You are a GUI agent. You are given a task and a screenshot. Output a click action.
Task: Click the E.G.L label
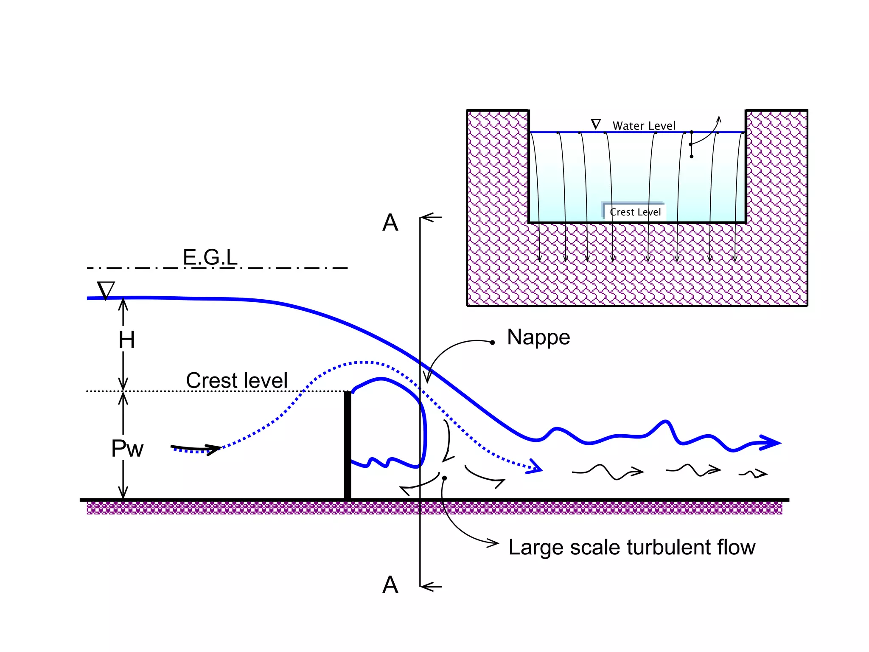[x=210, y=257]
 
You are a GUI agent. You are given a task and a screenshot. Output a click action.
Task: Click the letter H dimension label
[x=127, y=340]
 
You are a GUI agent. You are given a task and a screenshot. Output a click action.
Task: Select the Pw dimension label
[x=127, y=449]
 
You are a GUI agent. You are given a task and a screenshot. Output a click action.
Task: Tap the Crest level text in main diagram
[x=237, y=380]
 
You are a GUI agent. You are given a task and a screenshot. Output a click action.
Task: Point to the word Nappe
[x=538, y=337]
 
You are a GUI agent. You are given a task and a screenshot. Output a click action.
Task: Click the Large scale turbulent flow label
[x=631, y=547]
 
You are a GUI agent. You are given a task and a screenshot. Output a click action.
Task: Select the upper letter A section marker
[x=390, y=222]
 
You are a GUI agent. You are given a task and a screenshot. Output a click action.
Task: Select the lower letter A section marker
[x=390, y=585]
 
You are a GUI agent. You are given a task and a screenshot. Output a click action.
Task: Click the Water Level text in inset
[x=644, y=126]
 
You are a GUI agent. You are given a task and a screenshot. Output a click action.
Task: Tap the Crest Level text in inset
[x=635, y=212]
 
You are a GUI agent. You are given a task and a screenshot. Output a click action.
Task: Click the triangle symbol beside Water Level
[x=596, y=124]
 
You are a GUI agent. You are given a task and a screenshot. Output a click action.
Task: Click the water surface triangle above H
[x=106, y=290]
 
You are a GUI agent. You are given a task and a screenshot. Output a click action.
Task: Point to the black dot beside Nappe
[x=492, y=342]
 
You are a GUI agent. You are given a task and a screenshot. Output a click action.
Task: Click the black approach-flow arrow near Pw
[x=197, y=448]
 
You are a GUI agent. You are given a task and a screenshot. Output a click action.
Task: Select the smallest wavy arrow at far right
[x=754, y=474]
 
